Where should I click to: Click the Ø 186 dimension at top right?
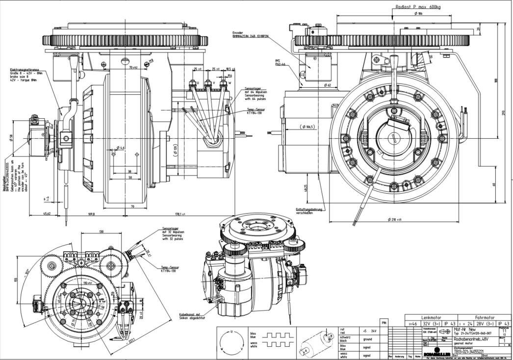coord(418,14)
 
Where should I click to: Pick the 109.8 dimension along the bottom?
coord(91,214)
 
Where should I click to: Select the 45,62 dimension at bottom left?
coord(47,214)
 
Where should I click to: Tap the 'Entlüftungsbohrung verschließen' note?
coord(310,211)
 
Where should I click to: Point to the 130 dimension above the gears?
coord(101,232)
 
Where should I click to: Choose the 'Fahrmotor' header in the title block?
coord(481,318)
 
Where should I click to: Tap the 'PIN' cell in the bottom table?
coord(384,323)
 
